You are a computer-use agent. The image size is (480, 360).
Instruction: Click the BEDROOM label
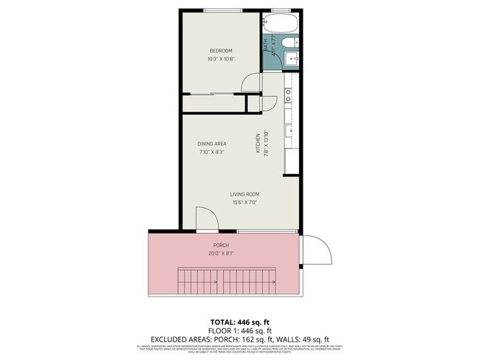pos(221,50)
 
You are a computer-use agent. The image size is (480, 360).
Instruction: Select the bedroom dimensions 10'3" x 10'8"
pos(221,58)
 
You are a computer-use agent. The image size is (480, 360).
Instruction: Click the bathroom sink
pos(293,58)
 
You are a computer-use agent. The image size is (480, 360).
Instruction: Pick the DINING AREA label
pos(211,143)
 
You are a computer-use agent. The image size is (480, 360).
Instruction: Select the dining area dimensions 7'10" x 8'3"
pos(211,152)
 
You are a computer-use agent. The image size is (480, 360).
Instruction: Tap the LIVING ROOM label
pos(244,194)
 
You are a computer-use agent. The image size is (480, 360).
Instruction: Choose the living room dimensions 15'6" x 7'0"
pos(244,203)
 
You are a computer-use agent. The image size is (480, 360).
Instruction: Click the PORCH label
pos(222,245)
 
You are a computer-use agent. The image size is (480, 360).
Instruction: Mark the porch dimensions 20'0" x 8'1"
pos(222,253)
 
